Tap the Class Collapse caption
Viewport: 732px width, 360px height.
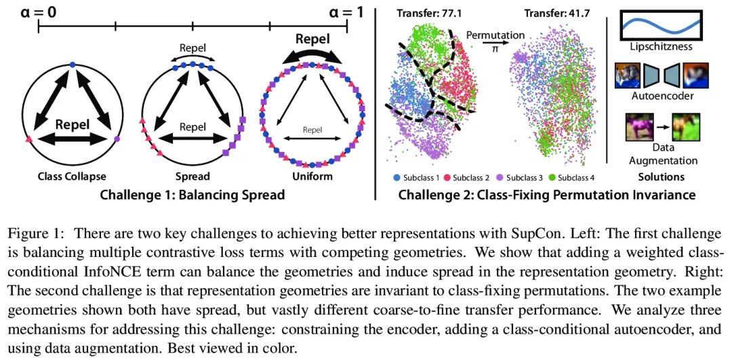tap(73, 177)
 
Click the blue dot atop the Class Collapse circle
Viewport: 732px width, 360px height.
tap(73, 64)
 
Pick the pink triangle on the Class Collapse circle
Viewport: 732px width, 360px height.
tap(28, 139)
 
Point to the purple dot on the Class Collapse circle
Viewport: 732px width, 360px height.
tap(117, 139)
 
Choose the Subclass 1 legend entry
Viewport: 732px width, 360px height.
tap(415, 178)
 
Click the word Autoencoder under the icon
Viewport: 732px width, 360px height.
tap(660, 97)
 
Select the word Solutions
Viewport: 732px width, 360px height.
tap(660, 178)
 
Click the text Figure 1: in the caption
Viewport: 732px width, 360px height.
tap(35, 234)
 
